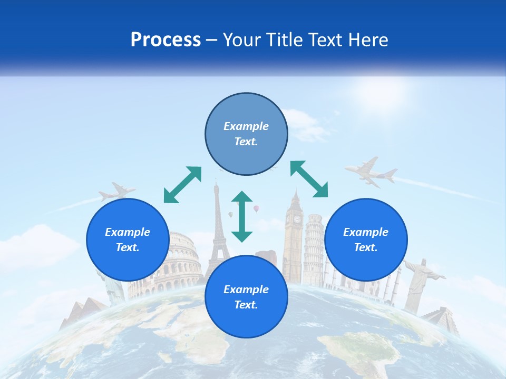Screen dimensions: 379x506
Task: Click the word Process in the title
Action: coord(166,40)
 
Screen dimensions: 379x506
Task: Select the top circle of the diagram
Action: coord(246,134)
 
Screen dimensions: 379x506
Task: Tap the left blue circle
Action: coord(128,240)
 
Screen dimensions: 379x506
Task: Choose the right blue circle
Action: coord(366,240)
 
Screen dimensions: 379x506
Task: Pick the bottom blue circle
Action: coord(246,297)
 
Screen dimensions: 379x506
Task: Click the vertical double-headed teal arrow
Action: coord(242,216)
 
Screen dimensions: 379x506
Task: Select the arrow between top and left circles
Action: coord(182,185)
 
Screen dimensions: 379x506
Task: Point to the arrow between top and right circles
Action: coord(309,179)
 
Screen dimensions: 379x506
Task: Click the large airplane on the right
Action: coord(371,172)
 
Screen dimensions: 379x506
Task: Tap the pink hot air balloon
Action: coord(256,208)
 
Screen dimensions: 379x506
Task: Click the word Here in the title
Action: coord(369,40)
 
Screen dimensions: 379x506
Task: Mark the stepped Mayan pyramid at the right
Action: coord(440,319)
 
